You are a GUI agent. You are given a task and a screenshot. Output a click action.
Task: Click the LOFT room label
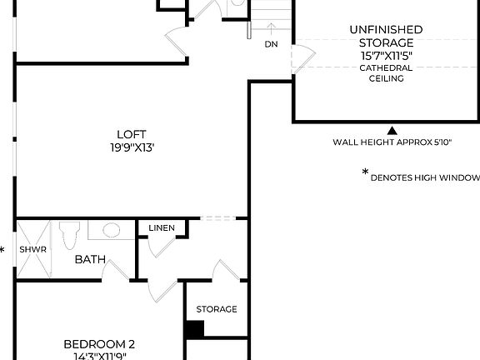click(x=132, y=134)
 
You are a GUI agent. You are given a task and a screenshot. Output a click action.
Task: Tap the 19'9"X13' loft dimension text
click(x=132, y=147)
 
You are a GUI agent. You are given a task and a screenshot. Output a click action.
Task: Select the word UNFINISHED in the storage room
click(x=386, y=30)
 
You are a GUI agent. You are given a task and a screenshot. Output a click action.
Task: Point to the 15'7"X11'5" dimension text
click(x=386, y=55)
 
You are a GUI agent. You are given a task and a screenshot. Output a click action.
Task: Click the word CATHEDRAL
click(x=386, y=67)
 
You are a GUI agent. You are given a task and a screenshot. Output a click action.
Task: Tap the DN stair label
click(x=271, y=44)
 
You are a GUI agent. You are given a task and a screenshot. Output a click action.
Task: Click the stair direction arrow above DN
click(x=271, y=30)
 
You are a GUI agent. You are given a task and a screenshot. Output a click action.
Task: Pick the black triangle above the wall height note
click(x=392, y=130)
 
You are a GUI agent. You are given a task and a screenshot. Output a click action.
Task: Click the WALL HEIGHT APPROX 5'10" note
click(x=392, y=142)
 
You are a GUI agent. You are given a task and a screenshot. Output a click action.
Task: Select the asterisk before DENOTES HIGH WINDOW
click(x=365, y=173)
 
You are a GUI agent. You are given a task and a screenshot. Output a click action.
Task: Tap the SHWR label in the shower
click(x=34, y=249)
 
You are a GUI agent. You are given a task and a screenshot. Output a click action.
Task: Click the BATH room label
click(x=90, y=259)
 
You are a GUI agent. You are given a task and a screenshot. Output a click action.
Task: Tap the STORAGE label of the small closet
click(x=217, y=309)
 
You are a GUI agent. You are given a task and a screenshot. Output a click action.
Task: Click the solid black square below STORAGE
click(x=194, y=328)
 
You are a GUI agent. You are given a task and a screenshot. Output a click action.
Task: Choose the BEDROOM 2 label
click(x=99, y=343)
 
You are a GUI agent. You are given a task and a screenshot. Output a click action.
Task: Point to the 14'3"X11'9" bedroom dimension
click(x=99, y=356)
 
